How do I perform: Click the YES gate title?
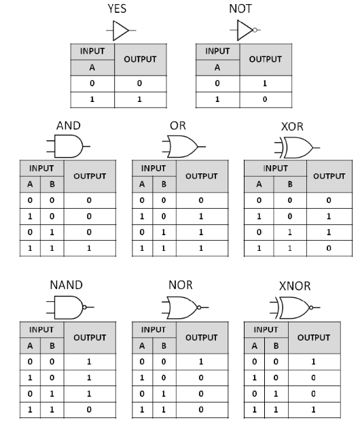coord(117,8)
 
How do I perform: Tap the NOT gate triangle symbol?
coord(245,30)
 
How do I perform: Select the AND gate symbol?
coord(68,146)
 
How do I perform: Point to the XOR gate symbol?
coord(297,148)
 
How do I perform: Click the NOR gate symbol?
coord(185,307)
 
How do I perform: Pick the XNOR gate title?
coord(295,286)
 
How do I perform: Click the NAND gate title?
coord(66,285)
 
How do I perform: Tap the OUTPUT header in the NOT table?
coord(265,59)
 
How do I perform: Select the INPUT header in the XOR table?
coord(275,168)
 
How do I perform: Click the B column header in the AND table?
coord(52,184)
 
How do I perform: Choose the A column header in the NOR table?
coord(142,346)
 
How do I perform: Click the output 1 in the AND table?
coord(89,248)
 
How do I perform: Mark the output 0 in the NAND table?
coord(89,409)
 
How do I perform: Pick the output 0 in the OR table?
coord(201,201)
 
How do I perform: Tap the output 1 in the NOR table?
coord(201,362)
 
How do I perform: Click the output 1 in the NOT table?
coord(265,84)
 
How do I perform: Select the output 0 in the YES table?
coord(139,84)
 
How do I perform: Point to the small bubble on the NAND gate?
coord(84,307)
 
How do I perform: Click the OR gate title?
coord(178,126)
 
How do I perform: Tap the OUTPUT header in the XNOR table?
coord(314,338)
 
